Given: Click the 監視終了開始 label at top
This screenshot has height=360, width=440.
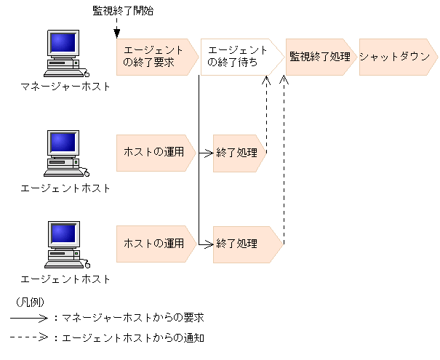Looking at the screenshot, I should tap(123, 11).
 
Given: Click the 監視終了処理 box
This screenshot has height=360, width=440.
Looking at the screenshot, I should tap(319, 57).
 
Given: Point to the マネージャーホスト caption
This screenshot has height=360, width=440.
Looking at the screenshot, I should tap(66, 87).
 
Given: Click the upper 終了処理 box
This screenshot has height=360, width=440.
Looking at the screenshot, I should tap(237, 153).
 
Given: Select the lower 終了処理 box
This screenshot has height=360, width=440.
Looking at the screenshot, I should tap(245, 244).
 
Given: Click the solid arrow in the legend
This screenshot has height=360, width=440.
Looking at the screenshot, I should tap(29, 318).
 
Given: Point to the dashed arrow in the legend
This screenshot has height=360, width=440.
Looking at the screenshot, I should tap(29, 337).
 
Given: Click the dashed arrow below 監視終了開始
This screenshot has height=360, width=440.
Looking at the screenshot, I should tap(116, 28).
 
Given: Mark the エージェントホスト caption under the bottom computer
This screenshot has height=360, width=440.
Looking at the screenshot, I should tap(66, 279).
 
